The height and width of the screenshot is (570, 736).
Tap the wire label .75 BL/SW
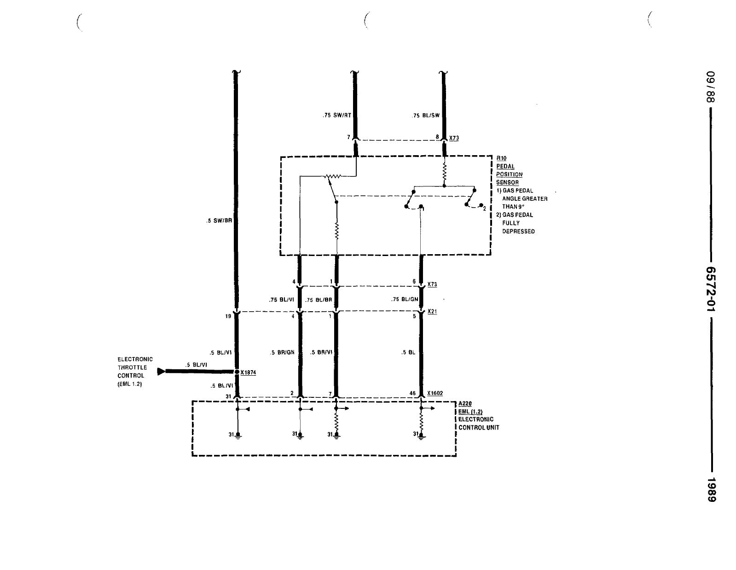tap(426, 116)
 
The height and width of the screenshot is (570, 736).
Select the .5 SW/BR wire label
tap(219, 221)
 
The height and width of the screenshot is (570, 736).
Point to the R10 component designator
tap(501, 158)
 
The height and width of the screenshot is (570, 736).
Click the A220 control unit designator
tap(465, 404)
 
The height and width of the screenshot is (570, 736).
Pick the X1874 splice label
tap(248, 372)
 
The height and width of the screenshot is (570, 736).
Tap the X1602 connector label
tap(435, 393)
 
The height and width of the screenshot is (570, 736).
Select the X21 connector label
tap(432, 312)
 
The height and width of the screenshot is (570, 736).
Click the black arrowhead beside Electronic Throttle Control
tap(161, 371)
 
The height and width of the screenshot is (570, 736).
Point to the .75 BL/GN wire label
tap(405, 299)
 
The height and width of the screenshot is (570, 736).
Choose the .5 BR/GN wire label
tap(282, 352)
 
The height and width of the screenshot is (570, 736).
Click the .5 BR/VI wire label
tap(321, 352)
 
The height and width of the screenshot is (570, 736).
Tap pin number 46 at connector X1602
tap(412, 394)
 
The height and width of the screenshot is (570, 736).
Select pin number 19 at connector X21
tap(228, 316)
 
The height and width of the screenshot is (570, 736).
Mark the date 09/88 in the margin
tap(711, 87)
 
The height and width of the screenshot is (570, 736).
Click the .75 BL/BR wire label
tap(319, 300)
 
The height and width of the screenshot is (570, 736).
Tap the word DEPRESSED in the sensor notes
tap(518, 231)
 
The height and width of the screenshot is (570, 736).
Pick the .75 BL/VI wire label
tap(282, 299)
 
